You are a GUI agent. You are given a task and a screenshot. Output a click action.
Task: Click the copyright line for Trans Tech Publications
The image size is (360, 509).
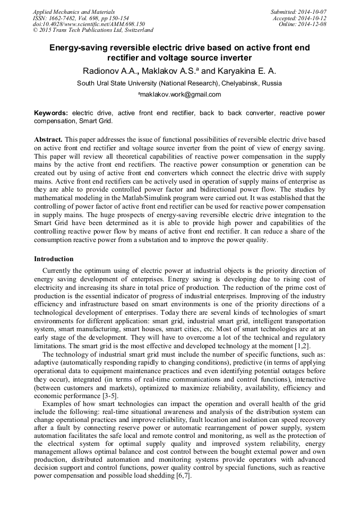pyautogui.click(x=93, y=30)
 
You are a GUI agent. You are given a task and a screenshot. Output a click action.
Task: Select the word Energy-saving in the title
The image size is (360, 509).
pyautogui.click(x=77, y=48)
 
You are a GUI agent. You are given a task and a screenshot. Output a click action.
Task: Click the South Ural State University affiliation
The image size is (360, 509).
pyautogui.click(x=179, y=83)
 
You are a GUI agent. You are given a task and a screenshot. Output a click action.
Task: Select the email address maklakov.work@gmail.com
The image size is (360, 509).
pyautogui.click(x=181, y=94)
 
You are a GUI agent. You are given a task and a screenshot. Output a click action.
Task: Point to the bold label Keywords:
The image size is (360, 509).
pyautogui.click(x=51, y=113)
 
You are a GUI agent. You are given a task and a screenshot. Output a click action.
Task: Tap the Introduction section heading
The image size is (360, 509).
pyautogui.click(x=54, y=259)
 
